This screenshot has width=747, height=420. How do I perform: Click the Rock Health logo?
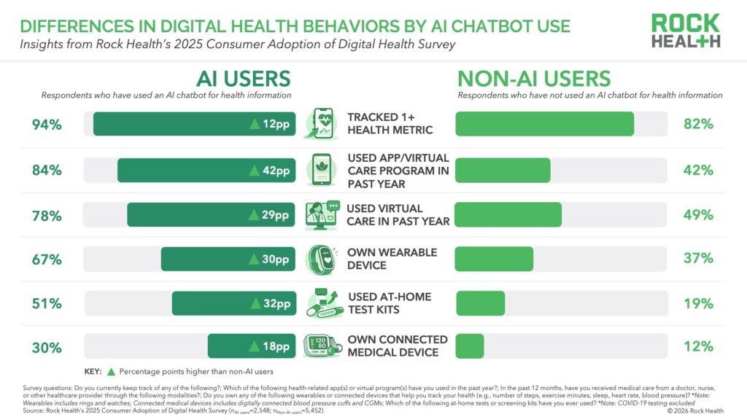coord(686,31)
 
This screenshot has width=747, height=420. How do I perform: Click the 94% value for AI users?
coord(47,124)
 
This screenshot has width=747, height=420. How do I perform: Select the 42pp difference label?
coord(270,171)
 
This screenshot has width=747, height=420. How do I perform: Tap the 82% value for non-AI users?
coord(698,124)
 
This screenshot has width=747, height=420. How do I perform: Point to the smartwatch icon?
coord(322,259)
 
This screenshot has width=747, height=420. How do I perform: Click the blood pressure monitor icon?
coord(322,346)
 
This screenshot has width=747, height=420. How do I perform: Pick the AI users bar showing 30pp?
coord(228,259)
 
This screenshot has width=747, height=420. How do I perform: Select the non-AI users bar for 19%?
coord(480,303)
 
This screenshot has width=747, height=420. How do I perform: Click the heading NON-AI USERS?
coord(533,79)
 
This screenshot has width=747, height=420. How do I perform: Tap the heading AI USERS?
coord(243,79)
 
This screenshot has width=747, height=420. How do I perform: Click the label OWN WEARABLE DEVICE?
coord(392,259)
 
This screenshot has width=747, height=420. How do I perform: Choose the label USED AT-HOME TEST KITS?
coord(389,303)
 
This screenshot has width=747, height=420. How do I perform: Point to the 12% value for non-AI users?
coord(698,346)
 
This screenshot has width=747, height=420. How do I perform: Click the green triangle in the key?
coord(111,371)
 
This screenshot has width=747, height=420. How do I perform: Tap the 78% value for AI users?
coord(47,215)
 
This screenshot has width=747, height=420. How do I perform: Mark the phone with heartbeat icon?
coord(322,123)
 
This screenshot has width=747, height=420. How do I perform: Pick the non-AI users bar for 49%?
coord(508,215)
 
